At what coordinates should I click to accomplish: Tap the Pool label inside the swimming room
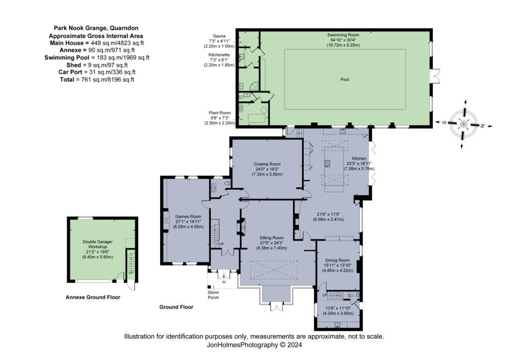tap(344, 80)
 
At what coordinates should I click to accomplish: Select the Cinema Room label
tap(267, 164)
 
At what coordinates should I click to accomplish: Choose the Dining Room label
tap(338, 260)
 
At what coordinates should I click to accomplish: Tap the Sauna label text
tap(219, 36)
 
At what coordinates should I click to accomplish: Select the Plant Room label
tap(219, 112)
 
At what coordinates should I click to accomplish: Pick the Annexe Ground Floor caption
tap(93, 297)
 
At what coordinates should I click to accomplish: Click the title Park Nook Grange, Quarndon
tap(96, 29)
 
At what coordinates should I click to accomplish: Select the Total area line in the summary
tap(96, 79)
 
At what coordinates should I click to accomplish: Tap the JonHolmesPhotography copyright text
tap(254, 344)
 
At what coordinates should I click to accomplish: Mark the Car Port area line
tap(96, 72)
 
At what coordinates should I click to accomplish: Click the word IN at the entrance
tap(224, 282)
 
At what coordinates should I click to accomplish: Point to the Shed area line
tap(96, 65)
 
